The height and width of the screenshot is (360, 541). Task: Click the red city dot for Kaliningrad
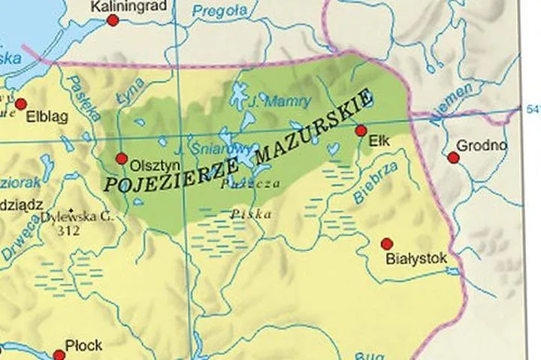pos(113,20)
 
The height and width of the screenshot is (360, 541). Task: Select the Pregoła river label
pos(219,11)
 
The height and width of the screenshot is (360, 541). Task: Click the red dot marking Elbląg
pos(21,103)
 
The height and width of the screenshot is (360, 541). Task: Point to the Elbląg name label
pos(47,117)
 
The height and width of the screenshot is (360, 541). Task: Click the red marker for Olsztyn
pos(122,158)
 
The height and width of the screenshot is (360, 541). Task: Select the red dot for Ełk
pos(361,131)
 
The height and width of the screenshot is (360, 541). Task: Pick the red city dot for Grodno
pos(453,157)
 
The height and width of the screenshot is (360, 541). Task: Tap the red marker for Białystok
pos(387,244)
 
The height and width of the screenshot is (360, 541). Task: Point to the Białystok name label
pos(416,259)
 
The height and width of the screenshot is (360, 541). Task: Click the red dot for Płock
pos(58,354)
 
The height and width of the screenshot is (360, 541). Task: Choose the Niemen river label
pos(452,104)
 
